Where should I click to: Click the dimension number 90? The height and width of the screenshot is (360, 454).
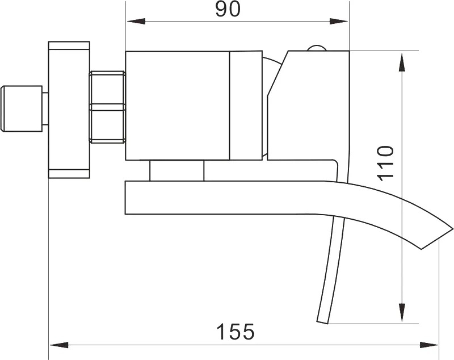[x=228, y=10]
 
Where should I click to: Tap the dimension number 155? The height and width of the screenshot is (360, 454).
[x=236, y=332]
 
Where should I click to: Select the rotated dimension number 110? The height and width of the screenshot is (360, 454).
[x=386, y=164]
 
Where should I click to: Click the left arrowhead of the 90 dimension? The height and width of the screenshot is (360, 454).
[x=136, y=21]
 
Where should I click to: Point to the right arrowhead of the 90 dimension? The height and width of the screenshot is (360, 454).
[x=339, y=21]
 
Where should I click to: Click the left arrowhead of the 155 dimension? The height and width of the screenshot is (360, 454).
[x=59, y=345]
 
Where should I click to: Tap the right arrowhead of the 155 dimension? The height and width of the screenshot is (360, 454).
[x=429, y=345]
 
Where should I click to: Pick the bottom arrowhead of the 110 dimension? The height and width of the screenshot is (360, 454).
[x=402, y=312]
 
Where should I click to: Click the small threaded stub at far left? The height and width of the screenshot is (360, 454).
[x=22, y=108]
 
